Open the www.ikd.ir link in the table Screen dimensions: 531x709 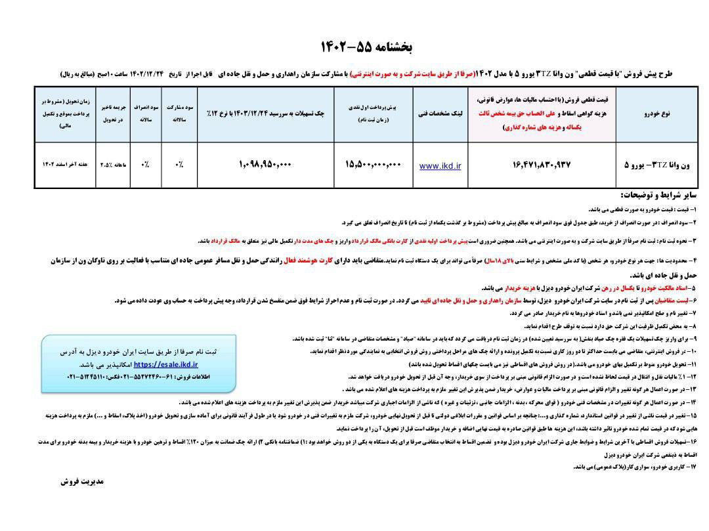[x=440, y=166]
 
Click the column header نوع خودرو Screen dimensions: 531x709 [x=656, y=113]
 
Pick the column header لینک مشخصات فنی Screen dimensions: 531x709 [x=440, y=113]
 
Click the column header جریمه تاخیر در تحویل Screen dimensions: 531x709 [x=113, y=113]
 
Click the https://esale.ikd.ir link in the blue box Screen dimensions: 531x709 [x=165, y=364]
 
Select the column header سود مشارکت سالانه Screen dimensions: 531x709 [x=179, y=113]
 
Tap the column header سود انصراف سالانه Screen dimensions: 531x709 [x=145, y=113]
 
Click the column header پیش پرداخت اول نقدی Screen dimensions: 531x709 [x=372, y=113]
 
